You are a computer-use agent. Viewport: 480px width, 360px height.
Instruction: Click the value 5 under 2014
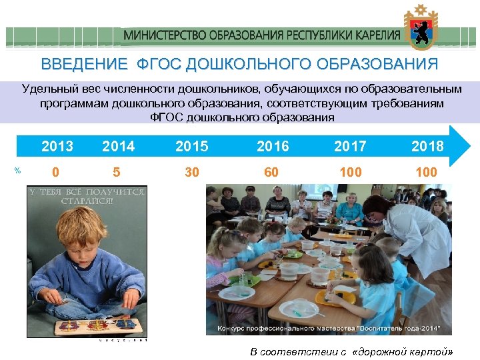tap(117, 173)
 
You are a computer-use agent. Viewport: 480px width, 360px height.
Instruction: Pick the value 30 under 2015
tap(192, 173)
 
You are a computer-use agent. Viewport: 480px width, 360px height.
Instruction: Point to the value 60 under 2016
tap(271, 173)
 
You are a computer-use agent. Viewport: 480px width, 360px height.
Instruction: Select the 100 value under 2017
tap(350, 173)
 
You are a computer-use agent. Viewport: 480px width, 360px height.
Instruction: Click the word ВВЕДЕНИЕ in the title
tap(84, 65)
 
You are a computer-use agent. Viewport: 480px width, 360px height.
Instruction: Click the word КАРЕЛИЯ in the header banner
tap(375, 35)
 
